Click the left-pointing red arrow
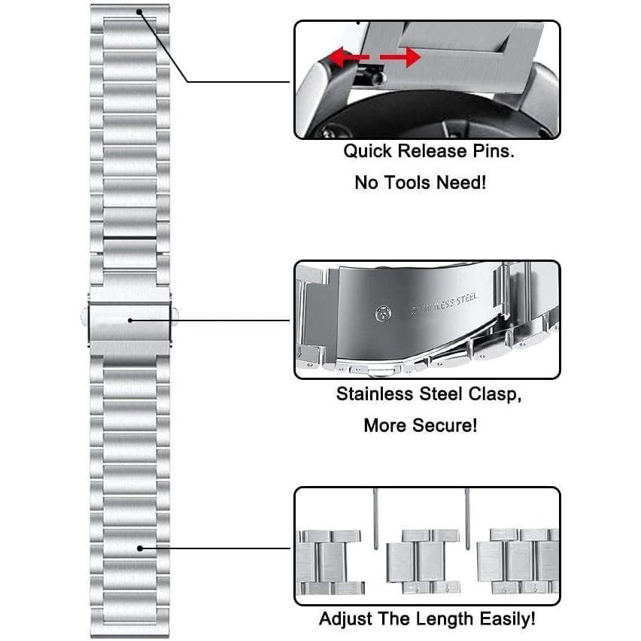coord(349,57)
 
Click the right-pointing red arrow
coord(400,57)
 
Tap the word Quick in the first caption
coord(367,151)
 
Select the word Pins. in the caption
coord(494,151)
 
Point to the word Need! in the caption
coord(461,182)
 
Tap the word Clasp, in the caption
coord(495,395)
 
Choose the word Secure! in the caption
coord(445,425)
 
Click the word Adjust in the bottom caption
coord(346,619)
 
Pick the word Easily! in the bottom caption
coord(507,619)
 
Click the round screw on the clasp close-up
coord(383,314)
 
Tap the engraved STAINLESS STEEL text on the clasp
coord(445,304)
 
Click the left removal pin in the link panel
coord(376,519)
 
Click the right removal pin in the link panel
coord(468,519)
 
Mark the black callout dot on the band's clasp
coord(130,320)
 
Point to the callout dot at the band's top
coord(139,12)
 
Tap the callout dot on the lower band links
coord(140,548)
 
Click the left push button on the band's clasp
coord(84,317)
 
